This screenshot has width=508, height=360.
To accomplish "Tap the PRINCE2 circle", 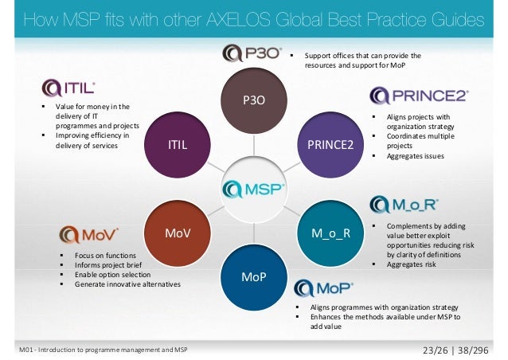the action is pos(330,145).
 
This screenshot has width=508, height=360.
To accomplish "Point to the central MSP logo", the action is pos(254,189).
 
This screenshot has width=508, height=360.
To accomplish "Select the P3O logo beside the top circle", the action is pos(251,54).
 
